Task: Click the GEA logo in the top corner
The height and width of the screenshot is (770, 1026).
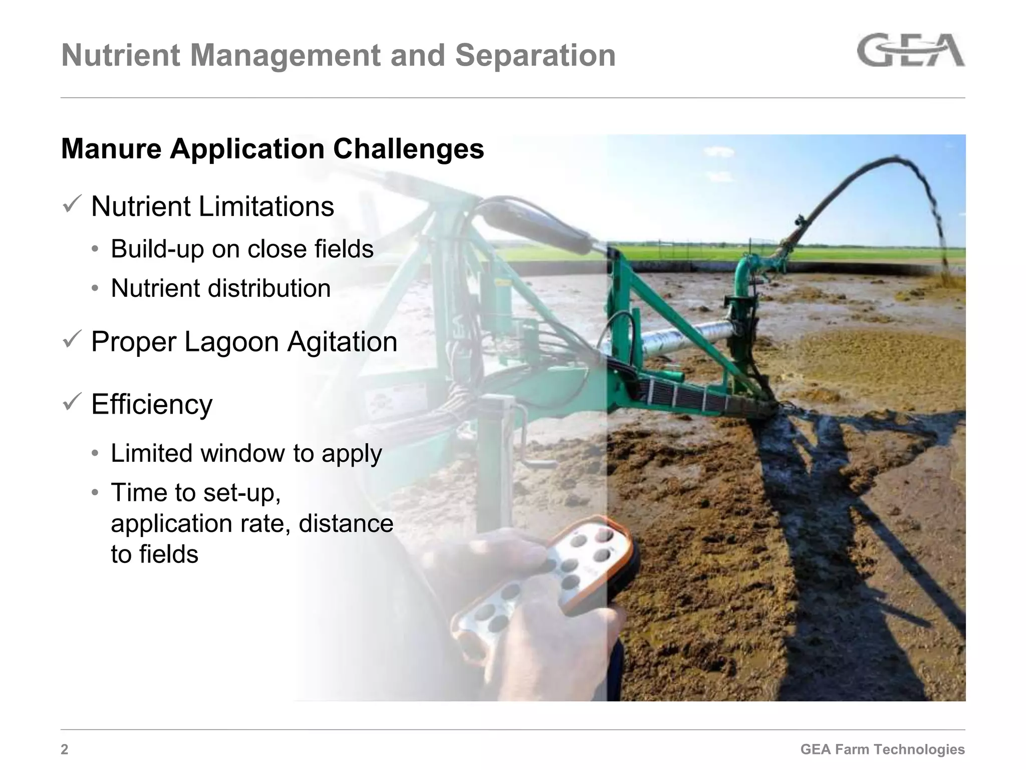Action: tap(910, 50)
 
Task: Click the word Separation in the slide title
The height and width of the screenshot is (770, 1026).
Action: tap(535, 55)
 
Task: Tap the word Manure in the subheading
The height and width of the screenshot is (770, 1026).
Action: tap(111, 149)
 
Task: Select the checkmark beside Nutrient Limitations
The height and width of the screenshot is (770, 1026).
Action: tap(72, 205)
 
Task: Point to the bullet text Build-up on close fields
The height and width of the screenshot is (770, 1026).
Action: tap(242, 249)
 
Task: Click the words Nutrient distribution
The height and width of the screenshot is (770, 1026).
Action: tap(220, 288)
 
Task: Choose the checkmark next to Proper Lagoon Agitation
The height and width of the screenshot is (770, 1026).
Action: tap(72, 340)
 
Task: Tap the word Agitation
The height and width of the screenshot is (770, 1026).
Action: tap(342, 342)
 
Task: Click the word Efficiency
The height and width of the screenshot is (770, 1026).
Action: tap(152, 404)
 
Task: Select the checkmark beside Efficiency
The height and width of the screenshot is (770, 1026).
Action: tap(72, 402)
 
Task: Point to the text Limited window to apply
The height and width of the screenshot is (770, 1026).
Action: tap(246, 453)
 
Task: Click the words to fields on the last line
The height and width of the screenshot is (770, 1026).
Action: tap(154, 554)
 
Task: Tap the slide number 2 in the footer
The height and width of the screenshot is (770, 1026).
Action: tap(65, 749)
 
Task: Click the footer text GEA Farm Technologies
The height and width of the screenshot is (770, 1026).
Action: tap(882, 749)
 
